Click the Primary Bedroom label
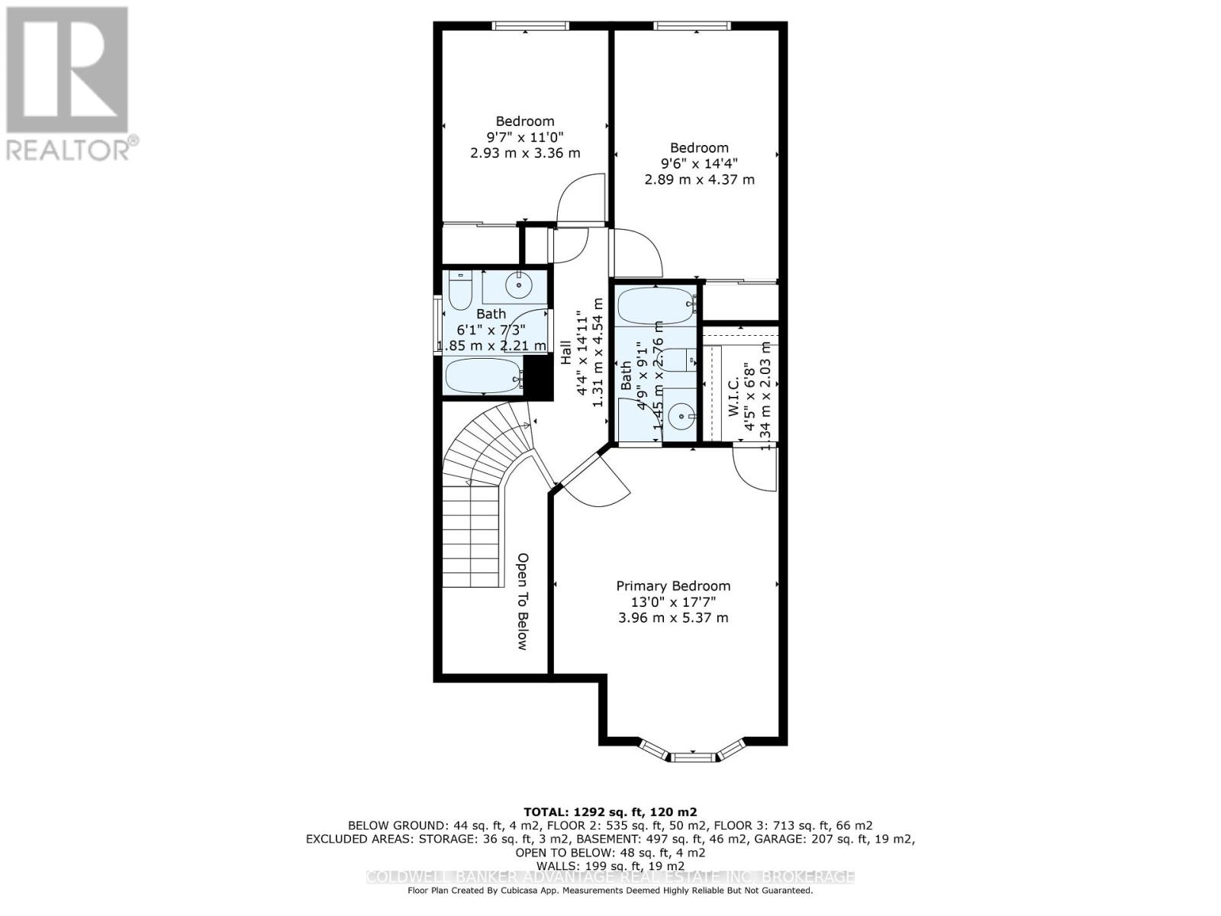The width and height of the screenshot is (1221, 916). click(x=673, y=585)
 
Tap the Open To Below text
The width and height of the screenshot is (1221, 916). click(x=523, y=601)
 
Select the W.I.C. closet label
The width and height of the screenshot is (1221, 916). click(x=733, y=400)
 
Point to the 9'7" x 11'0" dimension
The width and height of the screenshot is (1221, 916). click(x=524, y=137)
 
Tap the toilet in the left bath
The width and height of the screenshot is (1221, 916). click(x=459, y=290)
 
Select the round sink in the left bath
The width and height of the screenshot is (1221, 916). click(x=520, y=285)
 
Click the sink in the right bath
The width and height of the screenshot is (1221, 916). click(x=679, y=416)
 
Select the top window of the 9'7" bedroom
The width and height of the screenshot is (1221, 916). click(x=530, y=25)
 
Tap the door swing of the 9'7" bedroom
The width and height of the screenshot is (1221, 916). click(x=582, y=200)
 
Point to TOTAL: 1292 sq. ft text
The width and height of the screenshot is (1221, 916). click(x=610, y=811)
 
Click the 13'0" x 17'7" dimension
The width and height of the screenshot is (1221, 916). click(x=673, y=602)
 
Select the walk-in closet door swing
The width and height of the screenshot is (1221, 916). click(x=754, y=467)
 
